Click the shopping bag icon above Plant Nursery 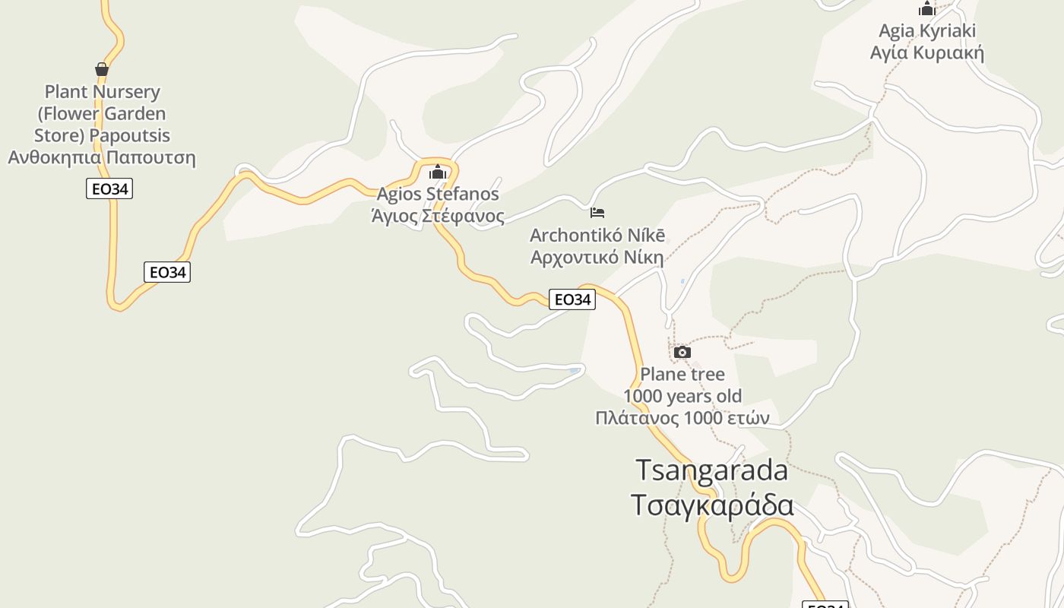[102, 70]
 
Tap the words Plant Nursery [103, 92]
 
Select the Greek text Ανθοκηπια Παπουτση [102, 158]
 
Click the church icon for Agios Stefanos [438, 173]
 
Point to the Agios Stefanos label [438, 195]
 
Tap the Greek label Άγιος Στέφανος [438, 217]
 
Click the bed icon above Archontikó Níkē [597, 213]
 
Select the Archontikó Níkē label [597, 235]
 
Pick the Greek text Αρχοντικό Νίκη [597, 257]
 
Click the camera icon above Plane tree [682, 352]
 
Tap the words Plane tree [682, 374]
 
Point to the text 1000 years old [682, 396]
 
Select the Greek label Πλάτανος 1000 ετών [682, 418]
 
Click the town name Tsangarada [712, 470]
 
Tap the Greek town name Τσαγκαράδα [712, 505]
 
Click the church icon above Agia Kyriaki [927, 9]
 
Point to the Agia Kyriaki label [927, 31]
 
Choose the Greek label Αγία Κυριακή [927, 53]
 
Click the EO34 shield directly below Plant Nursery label [109, 189]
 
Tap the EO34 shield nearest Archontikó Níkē [572, 299]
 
